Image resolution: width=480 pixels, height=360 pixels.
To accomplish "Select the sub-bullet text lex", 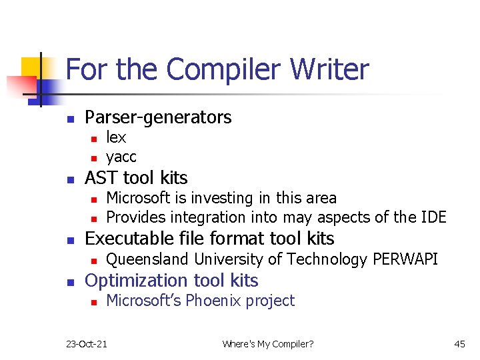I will pyautogui.click(x=116, y=137).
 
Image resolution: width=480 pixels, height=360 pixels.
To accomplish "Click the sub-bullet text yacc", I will pyautogui.click(x=121, y=157).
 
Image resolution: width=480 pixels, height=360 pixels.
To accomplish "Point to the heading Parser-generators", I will pyautogui.click(x=158, y=117).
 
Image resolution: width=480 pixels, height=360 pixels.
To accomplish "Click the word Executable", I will pyautogui.click(x=129, y=239).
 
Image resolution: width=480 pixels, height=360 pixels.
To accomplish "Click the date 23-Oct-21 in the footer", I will pyautogui.click(x=87, y=344).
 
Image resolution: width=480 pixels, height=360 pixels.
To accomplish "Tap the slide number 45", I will pyautogui.click(x=459, y=344).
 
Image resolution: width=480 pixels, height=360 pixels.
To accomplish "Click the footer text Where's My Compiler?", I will pyautogui.click(x=267, y=344).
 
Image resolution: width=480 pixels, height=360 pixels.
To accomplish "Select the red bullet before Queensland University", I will pyautogui.click(x=94, y=261).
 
